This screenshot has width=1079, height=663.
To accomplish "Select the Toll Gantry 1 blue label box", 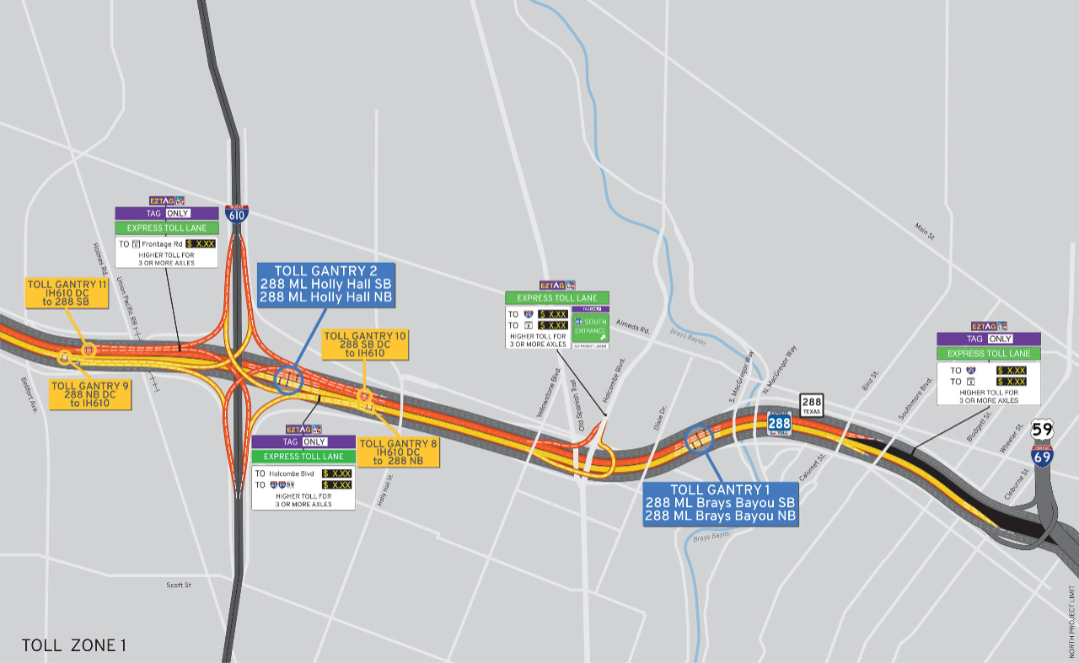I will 721,504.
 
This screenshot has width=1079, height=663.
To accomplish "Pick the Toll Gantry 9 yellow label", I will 89,395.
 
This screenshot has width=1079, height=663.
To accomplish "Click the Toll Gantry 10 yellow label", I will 365,345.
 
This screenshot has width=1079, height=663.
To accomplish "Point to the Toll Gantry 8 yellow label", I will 397,452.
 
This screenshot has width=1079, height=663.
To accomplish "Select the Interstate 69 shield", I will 1043,457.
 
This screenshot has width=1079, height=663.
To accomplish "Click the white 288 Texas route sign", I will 812,405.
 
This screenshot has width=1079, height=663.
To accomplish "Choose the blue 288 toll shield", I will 780,423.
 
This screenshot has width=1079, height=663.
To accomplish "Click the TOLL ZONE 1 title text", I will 74,646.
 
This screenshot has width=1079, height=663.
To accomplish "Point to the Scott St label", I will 179,585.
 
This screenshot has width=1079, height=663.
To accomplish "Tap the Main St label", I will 925,232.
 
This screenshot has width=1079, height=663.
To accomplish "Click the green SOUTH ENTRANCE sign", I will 590,329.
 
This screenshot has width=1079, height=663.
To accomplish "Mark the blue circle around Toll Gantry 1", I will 700,438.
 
